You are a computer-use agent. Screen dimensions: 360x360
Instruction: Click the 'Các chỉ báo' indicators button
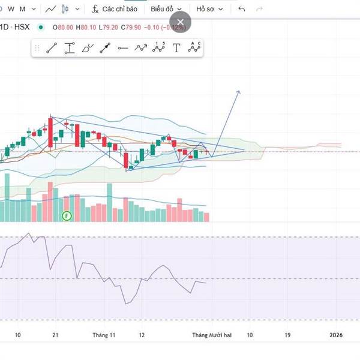120,9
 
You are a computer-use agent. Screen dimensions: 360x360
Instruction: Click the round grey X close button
181,22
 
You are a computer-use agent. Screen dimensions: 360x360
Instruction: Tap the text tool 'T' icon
176,49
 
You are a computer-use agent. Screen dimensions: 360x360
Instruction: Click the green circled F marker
67,215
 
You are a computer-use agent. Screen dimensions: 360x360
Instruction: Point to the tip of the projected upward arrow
239,91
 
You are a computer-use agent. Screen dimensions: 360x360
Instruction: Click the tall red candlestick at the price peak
50,129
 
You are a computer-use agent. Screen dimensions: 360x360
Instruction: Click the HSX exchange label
22,27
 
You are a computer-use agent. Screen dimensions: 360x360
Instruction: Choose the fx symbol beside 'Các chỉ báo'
95,9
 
